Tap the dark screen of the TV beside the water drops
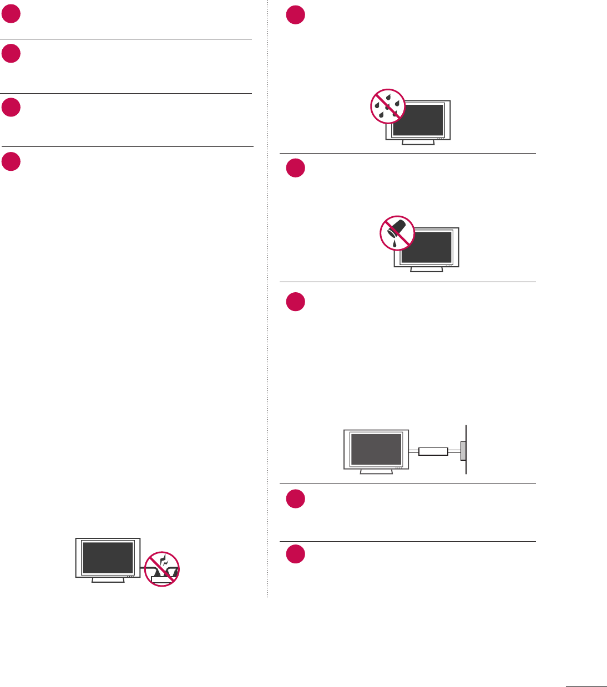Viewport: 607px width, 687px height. pos(422,120)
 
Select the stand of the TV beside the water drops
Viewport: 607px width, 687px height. pos(418,142)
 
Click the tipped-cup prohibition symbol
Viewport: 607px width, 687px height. pos(397,233)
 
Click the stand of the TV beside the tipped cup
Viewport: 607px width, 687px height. pos(427,269)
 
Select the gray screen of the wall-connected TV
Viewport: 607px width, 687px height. pos(376,449)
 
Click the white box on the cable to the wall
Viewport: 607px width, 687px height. pos(433,451)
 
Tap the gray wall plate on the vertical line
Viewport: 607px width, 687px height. pos(463,451)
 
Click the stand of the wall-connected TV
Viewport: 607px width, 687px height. pos(376,472)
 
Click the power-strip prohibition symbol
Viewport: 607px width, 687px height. pos(162,569)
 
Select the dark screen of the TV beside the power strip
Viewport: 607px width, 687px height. pos(108,558)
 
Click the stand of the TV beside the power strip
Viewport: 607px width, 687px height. pos(108,580)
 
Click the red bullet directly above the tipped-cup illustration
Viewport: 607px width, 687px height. pos(296,168)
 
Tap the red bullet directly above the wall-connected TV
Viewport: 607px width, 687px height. pos(296,302)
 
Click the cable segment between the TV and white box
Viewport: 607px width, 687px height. pos(413,451)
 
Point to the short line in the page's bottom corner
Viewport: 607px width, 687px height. pos(586,686)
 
